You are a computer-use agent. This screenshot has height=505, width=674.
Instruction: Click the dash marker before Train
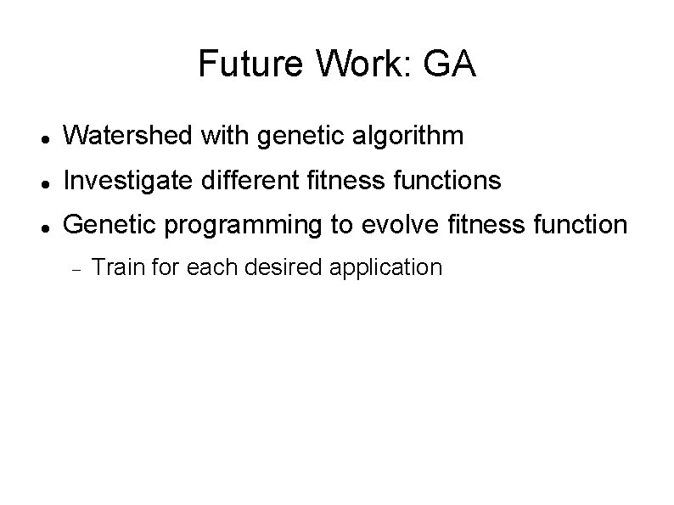pos(75,270)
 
